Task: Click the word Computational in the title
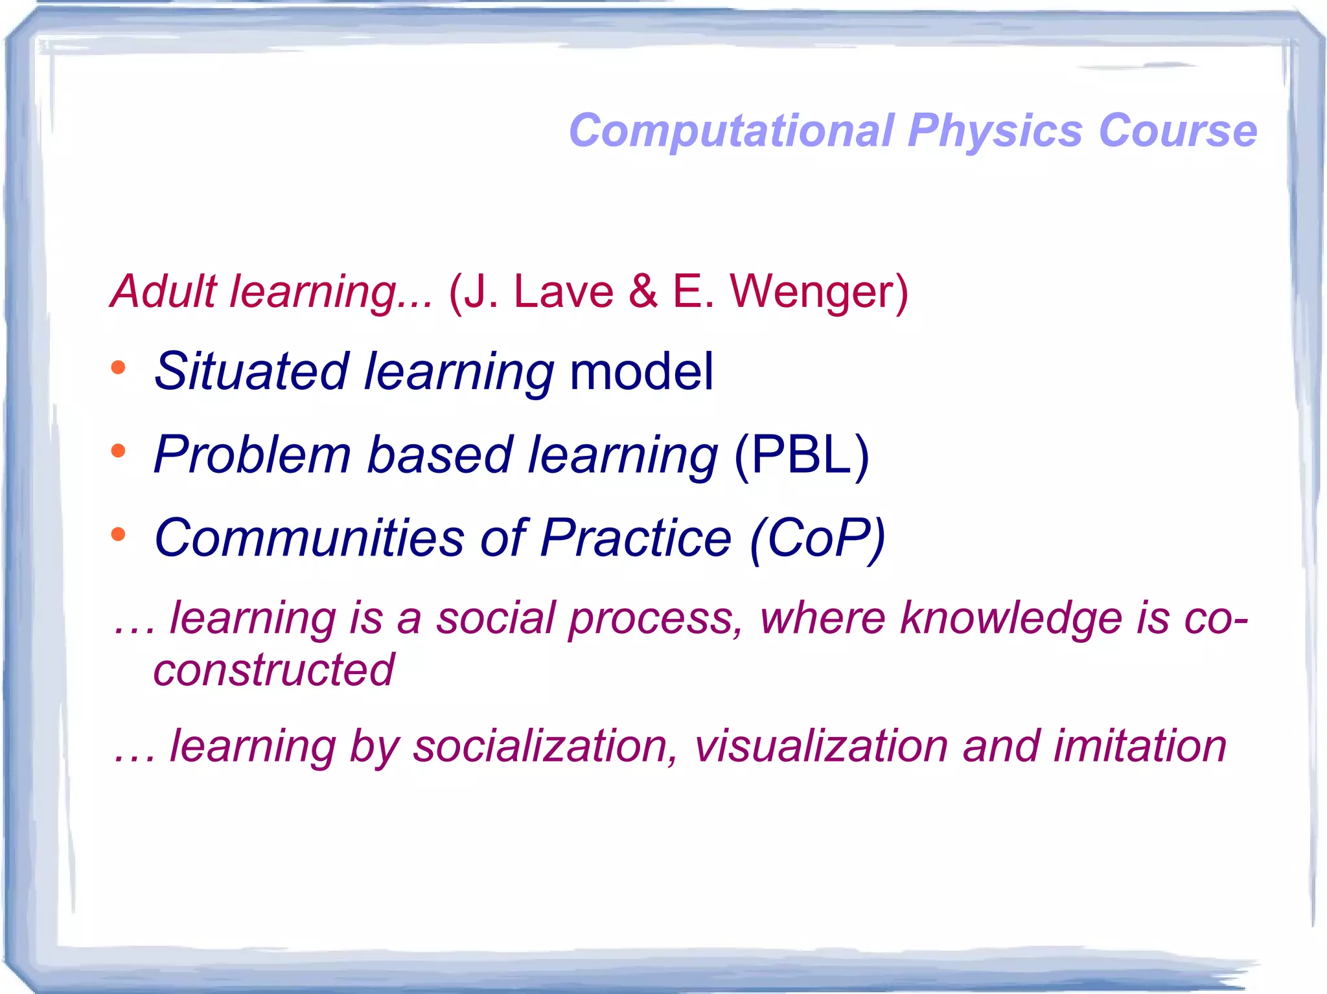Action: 732,131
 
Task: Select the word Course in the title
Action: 1178,131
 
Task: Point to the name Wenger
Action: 819,291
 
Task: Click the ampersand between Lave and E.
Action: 643,291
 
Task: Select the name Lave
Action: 563,291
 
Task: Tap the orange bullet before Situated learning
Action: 118,368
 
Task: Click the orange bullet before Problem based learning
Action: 118,451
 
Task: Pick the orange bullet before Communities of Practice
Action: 118,534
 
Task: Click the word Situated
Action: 252,371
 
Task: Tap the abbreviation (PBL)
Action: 801,455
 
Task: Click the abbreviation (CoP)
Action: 817,538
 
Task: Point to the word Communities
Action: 309,538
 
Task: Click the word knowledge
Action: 1011,618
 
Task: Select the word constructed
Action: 273,670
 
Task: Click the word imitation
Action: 1140,746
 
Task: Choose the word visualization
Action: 821,746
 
